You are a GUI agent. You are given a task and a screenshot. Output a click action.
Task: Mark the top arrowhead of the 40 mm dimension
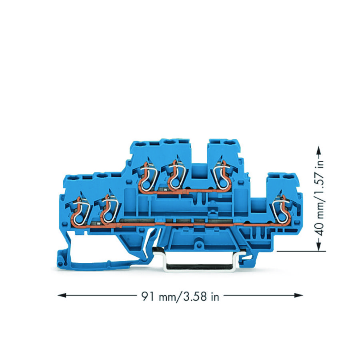(x=318, y=149)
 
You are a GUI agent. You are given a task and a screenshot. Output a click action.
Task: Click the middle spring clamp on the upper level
(x=174, y=176)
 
